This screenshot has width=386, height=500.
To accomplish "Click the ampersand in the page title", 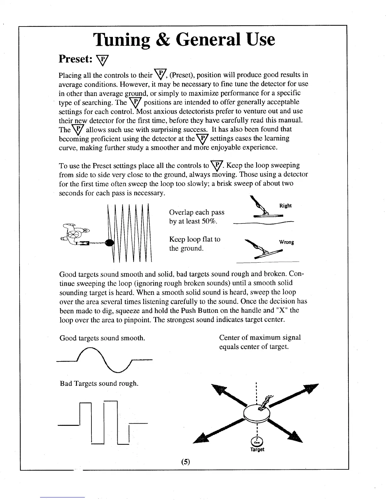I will (162, 40).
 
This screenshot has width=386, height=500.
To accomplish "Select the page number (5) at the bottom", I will (185, 462).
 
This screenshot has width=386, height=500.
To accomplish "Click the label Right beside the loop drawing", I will (285, 206).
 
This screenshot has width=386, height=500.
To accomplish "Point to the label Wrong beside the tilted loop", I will (286, 242).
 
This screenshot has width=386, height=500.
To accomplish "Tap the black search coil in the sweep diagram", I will (109, 243).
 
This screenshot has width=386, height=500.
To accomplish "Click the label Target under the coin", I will (258, 449).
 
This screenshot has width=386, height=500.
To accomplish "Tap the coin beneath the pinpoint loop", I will (258, 442).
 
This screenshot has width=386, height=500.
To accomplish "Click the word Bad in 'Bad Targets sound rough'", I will (65, 384).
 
